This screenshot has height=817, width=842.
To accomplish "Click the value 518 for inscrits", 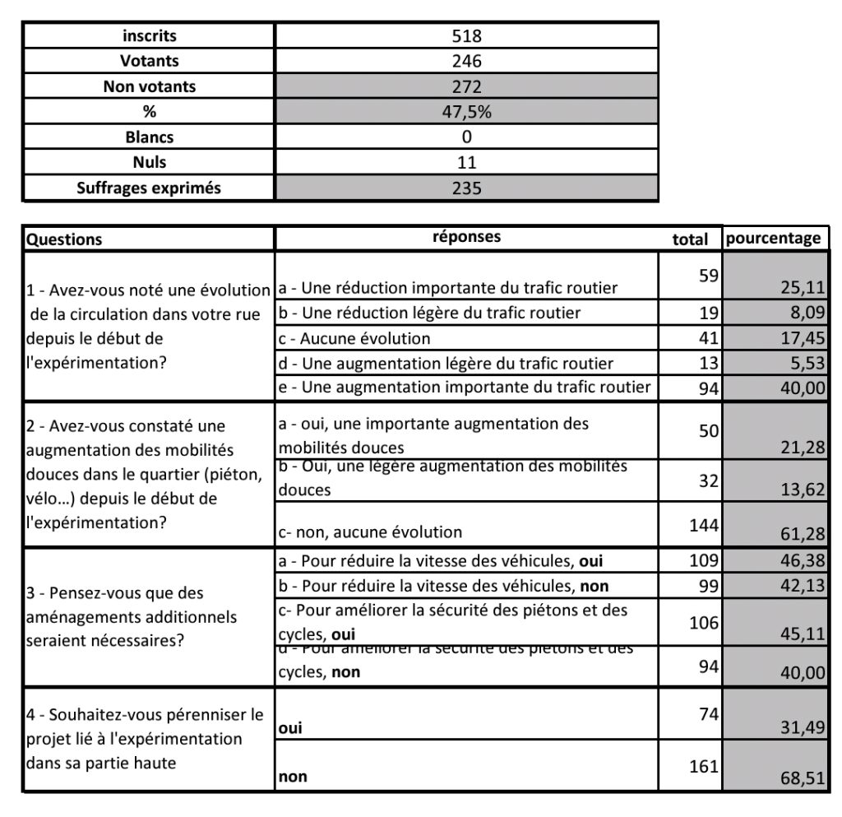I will tap(466, 35).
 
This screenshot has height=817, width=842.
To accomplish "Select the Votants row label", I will tap(149, 61).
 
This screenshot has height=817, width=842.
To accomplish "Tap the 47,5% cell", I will tap(466, 112).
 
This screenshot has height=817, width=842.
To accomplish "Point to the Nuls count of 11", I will tap(466, 163).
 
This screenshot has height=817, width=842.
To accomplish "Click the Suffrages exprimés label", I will tap(149, 188).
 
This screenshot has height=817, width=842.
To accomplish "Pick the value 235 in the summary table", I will tap(466, 188).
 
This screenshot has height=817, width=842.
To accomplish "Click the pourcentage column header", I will tap(772, 239).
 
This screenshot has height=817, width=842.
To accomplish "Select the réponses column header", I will tap(466, 237).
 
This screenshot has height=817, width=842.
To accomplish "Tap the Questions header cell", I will tap(65, 239).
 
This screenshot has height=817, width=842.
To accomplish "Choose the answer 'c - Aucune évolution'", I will tap(354, 338).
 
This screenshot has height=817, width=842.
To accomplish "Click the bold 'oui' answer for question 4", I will tap(289, 727).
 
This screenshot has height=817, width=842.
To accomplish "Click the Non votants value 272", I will tap(466, 86).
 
